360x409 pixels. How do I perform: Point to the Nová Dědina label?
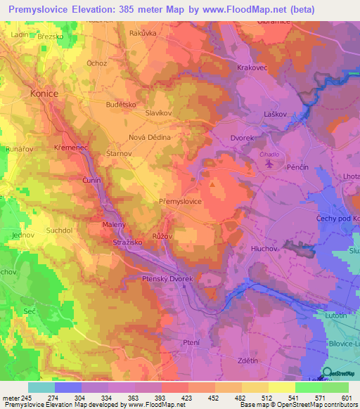[x=149, y=137]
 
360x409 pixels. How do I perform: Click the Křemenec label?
[x=70, y=148]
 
